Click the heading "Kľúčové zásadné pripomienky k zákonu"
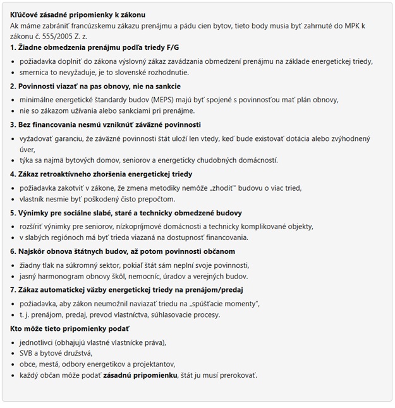click(82, 14)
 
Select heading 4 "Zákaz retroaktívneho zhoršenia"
click(101, 174)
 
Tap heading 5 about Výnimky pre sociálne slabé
click(126, 212)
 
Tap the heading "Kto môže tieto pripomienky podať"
click(70, 328)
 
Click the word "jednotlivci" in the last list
click(39, 342)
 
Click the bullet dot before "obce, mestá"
click(15, 364)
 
